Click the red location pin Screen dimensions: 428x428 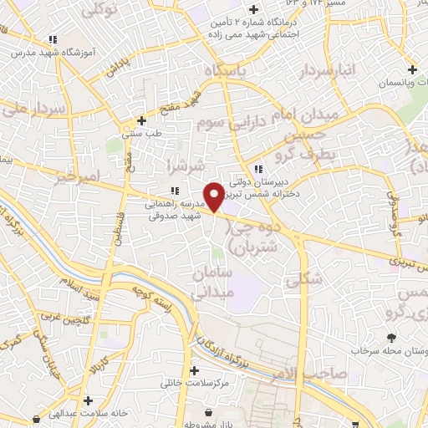[x=214, y=196]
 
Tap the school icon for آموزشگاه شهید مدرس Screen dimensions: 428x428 [x=53, y=39]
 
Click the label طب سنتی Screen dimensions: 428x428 [x=142, y=133]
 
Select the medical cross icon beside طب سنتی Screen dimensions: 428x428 [x=142, y=120]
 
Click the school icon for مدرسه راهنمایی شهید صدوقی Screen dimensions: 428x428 [x=174, y=191]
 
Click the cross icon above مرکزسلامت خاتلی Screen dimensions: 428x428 [x=195, y=370]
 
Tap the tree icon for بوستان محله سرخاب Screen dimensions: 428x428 [x=391, y=338]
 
